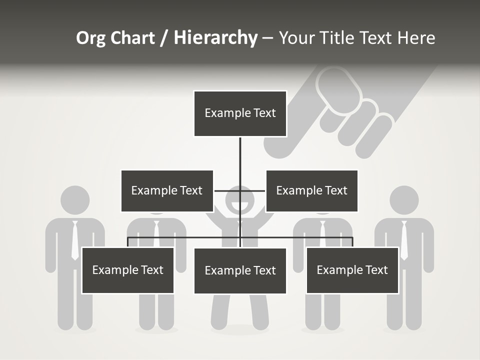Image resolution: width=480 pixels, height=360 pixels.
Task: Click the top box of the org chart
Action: coord(240,113)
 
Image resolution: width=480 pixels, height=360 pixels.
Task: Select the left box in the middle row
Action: coord(167,190)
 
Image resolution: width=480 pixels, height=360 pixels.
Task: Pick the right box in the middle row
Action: coord(311,190)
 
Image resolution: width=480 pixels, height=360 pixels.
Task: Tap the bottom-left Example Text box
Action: coord(127,270)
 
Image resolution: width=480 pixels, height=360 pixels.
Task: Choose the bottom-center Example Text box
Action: coord(240,271)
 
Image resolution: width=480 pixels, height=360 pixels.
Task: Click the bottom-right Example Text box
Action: coord(352,270)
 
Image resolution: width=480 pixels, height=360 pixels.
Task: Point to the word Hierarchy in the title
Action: coord(215,38)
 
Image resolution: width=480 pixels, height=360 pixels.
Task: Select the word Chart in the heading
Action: coord(131,38)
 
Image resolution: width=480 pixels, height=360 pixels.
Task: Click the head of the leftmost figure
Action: coord(75,200)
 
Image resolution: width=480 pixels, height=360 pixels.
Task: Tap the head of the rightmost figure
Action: coord(404,200)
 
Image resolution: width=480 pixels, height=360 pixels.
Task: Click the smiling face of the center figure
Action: coord(240,202)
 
